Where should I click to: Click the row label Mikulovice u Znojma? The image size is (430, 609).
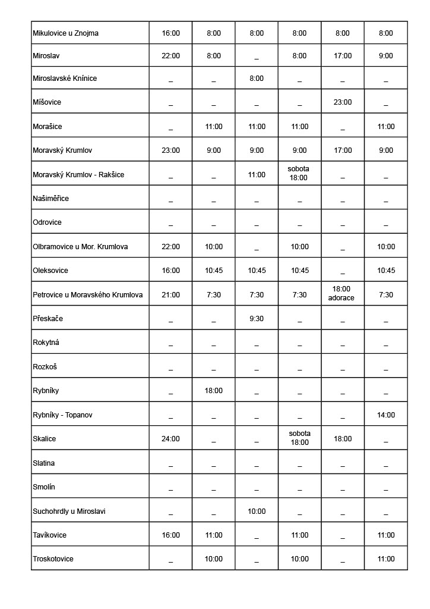point(65,33)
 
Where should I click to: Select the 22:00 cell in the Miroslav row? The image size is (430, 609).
point(170,56)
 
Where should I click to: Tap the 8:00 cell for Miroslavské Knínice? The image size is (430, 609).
point(257,79)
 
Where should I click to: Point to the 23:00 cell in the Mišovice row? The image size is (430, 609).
point(342,102)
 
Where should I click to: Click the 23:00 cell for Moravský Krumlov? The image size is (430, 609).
point(170,150)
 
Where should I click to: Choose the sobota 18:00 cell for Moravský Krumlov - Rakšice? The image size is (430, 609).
point(299,173)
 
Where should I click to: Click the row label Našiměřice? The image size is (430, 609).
point(51,199)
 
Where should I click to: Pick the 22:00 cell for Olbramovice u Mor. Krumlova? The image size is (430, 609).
point(170,247)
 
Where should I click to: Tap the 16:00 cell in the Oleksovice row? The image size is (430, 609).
point(170,271)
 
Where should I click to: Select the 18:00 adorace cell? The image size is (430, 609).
point(342,294)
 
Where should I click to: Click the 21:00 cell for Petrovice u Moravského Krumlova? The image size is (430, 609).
point(170,295)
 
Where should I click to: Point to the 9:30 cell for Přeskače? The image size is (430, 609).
point(257,319)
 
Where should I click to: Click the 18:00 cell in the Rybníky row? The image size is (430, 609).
point(214,391)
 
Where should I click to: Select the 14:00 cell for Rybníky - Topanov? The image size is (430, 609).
point(385,415)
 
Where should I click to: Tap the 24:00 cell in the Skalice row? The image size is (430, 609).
point(170,439)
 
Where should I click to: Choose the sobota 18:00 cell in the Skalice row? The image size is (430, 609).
point(299,438)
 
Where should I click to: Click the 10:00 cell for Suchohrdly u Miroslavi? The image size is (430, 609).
point(257,511)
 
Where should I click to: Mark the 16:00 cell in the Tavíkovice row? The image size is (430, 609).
point(170,535)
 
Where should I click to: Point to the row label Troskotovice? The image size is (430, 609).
point(53,559)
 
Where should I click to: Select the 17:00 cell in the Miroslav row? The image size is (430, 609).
point(342,56)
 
